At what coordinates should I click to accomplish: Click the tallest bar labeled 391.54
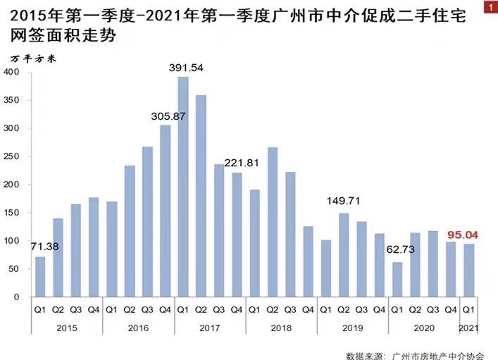(183, 187)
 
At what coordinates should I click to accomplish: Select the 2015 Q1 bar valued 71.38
(40, 276)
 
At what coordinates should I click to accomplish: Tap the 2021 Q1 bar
(468, 270)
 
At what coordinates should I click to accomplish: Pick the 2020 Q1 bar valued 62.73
(397, 279)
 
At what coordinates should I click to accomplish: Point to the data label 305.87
(166, 116)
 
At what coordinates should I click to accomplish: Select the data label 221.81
(244, 163)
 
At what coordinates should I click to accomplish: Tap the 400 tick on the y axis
(12, 72)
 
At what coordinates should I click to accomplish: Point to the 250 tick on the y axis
(12, 156)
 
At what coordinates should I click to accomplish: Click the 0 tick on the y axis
(17, 297)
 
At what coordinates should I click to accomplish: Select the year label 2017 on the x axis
(210, 328)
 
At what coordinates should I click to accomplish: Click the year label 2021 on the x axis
(468, 328)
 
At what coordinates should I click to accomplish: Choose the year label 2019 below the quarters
(353, 328)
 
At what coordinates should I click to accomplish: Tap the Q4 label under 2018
(308, 309)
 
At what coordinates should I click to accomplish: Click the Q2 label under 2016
(130, 309)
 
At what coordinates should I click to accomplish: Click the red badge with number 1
(490, 6)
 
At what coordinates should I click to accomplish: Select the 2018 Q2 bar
(272, 222)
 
